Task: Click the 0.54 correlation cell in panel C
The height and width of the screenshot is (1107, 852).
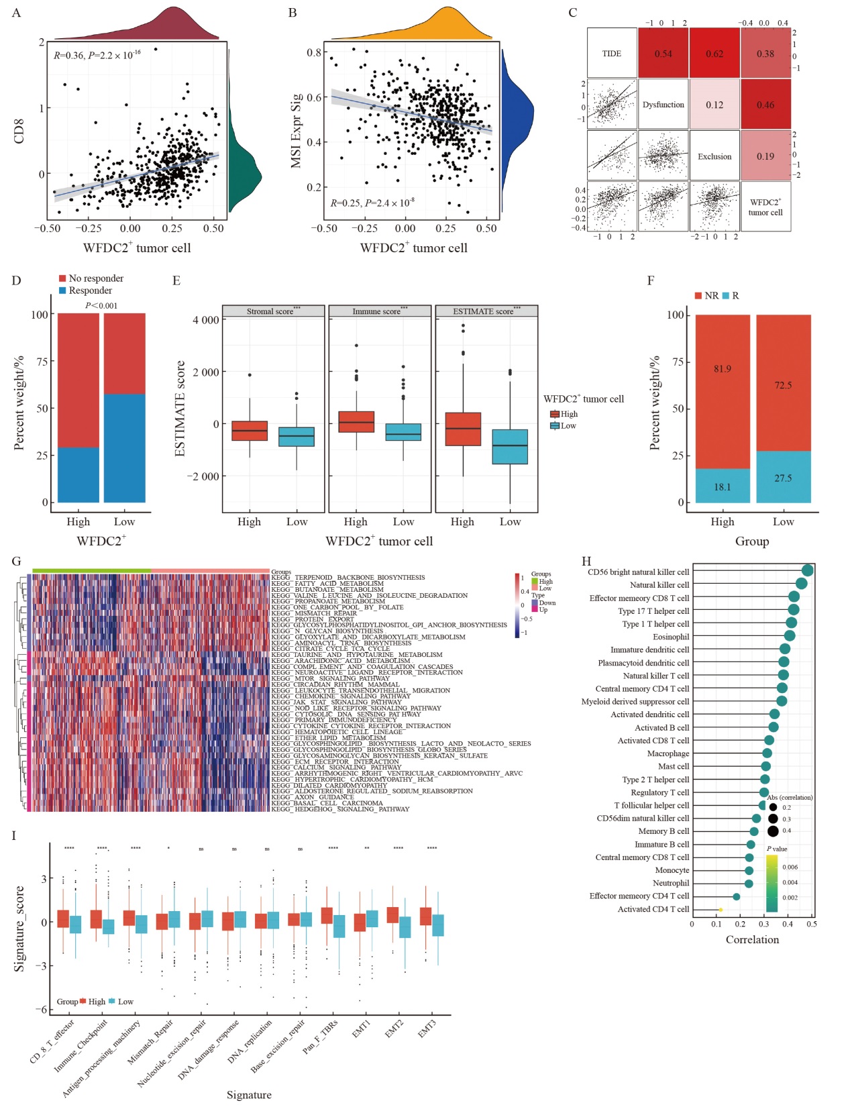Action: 663,54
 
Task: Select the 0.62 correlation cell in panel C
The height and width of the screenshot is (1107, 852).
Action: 714,54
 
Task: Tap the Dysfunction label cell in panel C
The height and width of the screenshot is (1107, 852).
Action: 663,105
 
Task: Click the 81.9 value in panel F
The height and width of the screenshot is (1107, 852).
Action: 723,368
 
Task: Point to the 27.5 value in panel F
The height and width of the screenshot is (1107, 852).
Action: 783,478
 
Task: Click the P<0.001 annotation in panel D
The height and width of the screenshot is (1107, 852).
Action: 101,306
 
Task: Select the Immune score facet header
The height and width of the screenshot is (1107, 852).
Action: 380,311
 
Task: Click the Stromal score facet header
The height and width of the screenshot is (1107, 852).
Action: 273,311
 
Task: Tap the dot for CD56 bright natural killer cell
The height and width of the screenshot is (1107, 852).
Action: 808,570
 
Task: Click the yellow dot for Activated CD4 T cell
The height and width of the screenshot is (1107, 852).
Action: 721,910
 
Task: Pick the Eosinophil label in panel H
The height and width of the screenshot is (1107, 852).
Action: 671,637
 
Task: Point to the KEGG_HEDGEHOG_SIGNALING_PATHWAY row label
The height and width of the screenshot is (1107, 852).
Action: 340,809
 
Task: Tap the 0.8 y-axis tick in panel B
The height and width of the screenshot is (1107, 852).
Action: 314,52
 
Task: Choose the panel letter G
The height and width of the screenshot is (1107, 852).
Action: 17,561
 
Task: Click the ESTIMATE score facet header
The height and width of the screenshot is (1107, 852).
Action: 486,311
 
